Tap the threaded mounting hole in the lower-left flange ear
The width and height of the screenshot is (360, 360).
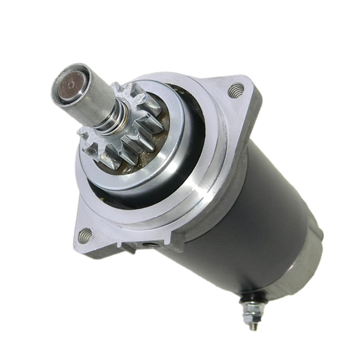point(85,235)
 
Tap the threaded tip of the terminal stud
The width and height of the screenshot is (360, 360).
point(254,326)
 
